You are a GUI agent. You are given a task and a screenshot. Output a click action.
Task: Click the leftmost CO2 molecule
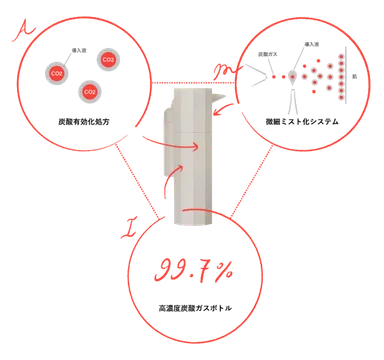point(55,72)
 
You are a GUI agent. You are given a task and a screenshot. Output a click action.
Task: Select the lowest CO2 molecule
point(89,93)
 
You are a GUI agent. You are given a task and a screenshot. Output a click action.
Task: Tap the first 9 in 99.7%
point(163,270)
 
